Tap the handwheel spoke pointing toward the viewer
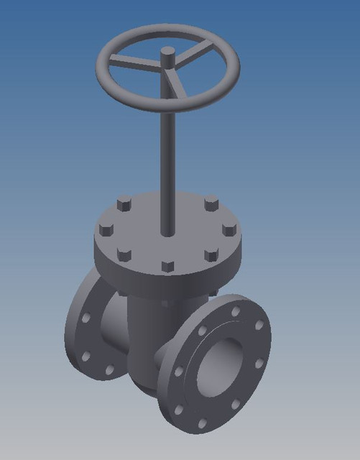point(177,86)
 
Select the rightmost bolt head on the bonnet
point(229,231)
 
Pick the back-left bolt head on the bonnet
point(124,206)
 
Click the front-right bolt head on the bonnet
point(211,255)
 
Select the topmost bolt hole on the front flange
point(236,311)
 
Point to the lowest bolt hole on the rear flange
point(109,370)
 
